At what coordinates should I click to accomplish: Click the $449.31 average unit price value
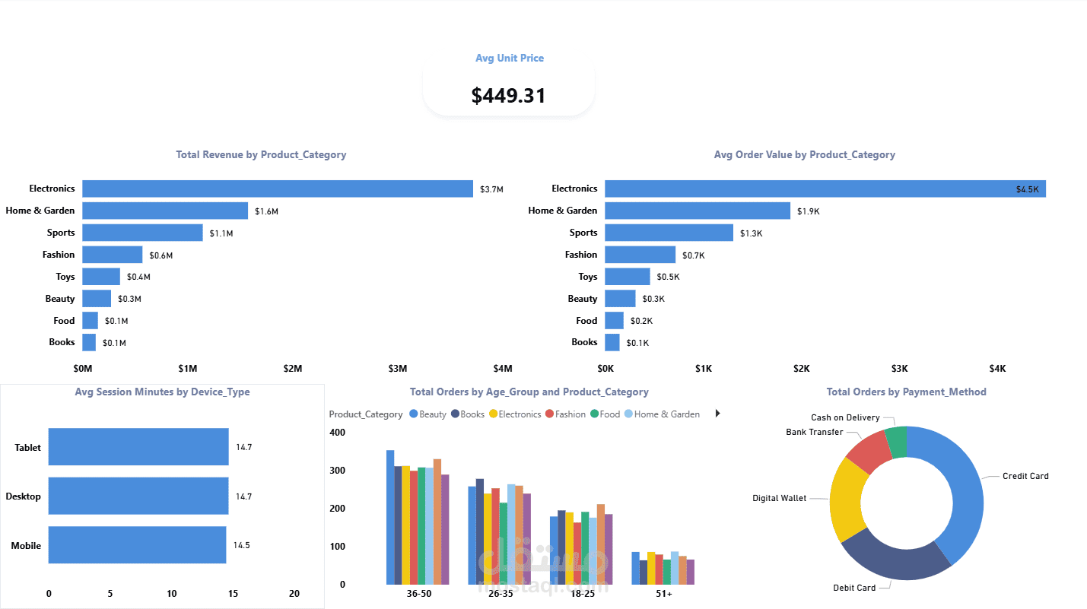click(x=509, y=96)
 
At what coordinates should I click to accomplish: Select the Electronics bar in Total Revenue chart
click(x=278, y=189)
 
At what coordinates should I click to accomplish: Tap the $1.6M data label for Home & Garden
click(x=266, y=211)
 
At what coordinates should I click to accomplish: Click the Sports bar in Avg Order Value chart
click(x=669, y=233)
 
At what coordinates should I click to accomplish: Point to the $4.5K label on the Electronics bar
click(x=1028, y=189)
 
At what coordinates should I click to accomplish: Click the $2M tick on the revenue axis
click(x=293, y=369)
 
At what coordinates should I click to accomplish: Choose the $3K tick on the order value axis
click(x=899, y=369)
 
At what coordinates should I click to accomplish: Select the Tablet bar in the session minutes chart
click(x=138, y=446)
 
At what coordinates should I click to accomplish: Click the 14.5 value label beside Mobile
click(x=241, y=545)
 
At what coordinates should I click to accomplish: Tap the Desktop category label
click(x=24, y=496)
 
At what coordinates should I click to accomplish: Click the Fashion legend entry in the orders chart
click(x=565, y=414)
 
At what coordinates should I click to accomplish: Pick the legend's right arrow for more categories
click(x=718, y=414)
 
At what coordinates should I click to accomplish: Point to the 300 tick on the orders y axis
click(x=337, y=471)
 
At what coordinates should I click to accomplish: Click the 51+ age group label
click(x=664, y=594)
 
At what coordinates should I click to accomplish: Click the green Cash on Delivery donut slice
click(x=896, y=442)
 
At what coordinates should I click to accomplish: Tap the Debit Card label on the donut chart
click(x=854, y=588)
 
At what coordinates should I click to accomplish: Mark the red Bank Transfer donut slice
click(x=869, y=452)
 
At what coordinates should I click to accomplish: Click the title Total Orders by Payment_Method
click(x=906, y=392)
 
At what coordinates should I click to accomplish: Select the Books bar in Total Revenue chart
click(x=89, y=342)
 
